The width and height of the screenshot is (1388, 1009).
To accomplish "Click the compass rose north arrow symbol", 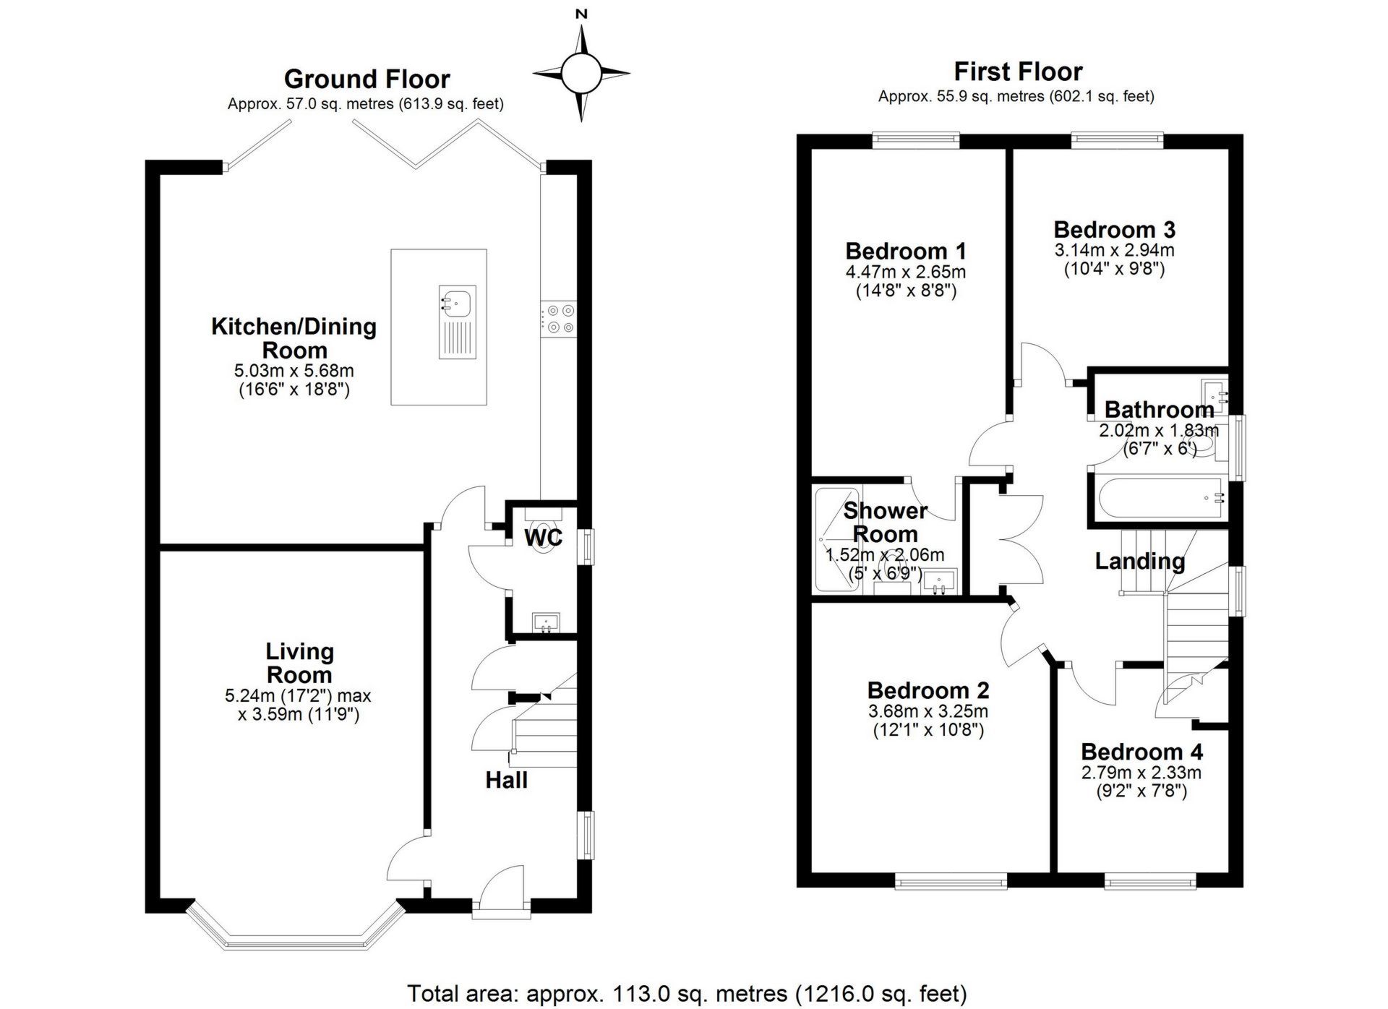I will (581, 73).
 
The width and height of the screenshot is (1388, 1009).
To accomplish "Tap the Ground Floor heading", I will (367, 78).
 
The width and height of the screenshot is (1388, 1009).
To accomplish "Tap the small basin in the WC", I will (545, 622).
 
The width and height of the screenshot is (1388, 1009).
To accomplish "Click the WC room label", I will (543, 538).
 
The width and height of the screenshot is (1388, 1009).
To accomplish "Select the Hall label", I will (506, 780).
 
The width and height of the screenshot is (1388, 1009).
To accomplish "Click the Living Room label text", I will (299, 663).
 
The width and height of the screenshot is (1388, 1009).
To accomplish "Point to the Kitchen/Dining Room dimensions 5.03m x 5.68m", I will (294, 371).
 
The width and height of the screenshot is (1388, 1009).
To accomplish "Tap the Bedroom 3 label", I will (1114, 229).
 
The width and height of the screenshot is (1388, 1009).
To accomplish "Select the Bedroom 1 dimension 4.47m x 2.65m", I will (905, 272).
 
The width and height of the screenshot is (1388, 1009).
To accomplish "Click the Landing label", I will (1139, 561).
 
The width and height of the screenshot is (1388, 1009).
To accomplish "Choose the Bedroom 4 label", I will (1141, 752).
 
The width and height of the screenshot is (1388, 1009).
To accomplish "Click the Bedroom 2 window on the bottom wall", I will (951, 880).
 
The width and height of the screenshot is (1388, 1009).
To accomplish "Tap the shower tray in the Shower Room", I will (836, 538).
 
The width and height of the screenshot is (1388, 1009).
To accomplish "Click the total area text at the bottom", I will (687, 993).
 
